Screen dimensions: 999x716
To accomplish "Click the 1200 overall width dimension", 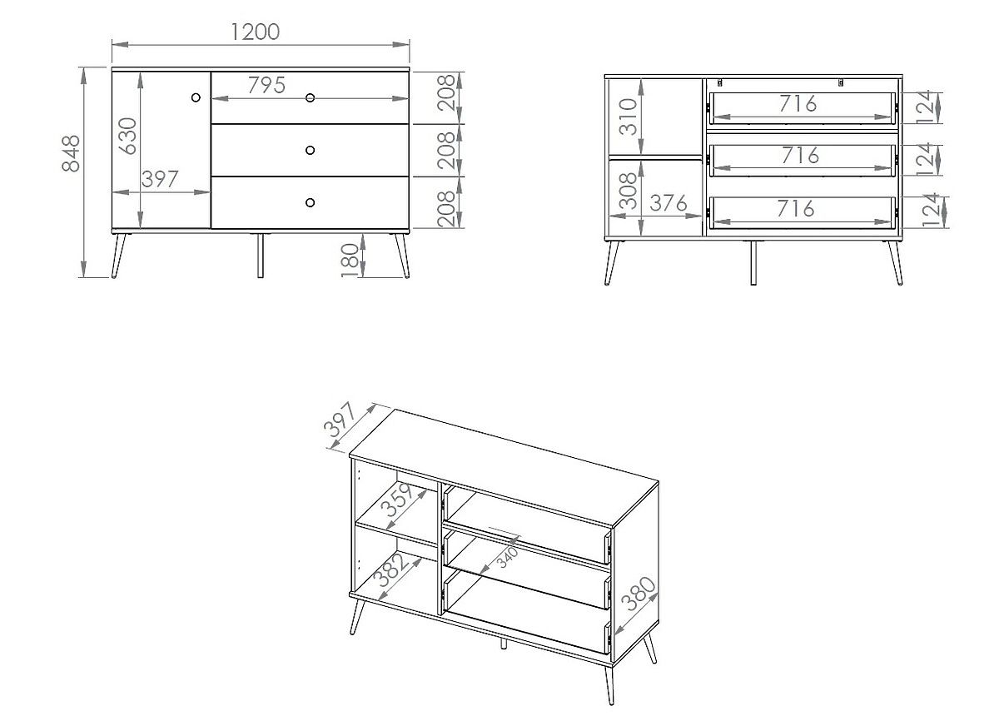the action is point(256,32).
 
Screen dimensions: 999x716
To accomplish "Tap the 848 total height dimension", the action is point(71,153).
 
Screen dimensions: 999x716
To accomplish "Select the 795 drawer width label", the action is point(266,85).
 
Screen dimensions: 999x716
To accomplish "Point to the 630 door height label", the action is point(127,136).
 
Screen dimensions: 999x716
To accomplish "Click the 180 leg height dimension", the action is point(350,261).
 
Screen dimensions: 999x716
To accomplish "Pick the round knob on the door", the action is point(196,97).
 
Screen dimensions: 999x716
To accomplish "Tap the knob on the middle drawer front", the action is point(310,151).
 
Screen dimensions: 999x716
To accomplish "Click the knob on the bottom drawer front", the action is point(310,202).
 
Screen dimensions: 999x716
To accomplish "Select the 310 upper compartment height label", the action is point(629,117).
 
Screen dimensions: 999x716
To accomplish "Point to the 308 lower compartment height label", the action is point(629,191).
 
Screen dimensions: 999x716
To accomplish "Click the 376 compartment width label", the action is point(668,203).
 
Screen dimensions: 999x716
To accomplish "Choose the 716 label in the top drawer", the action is point(798,103).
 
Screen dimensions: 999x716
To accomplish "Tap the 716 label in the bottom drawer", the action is point(796,209).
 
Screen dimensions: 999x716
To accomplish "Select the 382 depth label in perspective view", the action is point(391,569).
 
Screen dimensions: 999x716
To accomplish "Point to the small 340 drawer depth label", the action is point(508,557).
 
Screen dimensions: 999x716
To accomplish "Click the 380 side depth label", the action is point(639,594).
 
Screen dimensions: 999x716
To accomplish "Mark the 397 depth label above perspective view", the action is point(340,420).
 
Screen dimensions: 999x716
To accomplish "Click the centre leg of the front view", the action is point(261,256).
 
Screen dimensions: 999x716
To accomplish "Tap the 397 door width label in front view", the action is point(160,179).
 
